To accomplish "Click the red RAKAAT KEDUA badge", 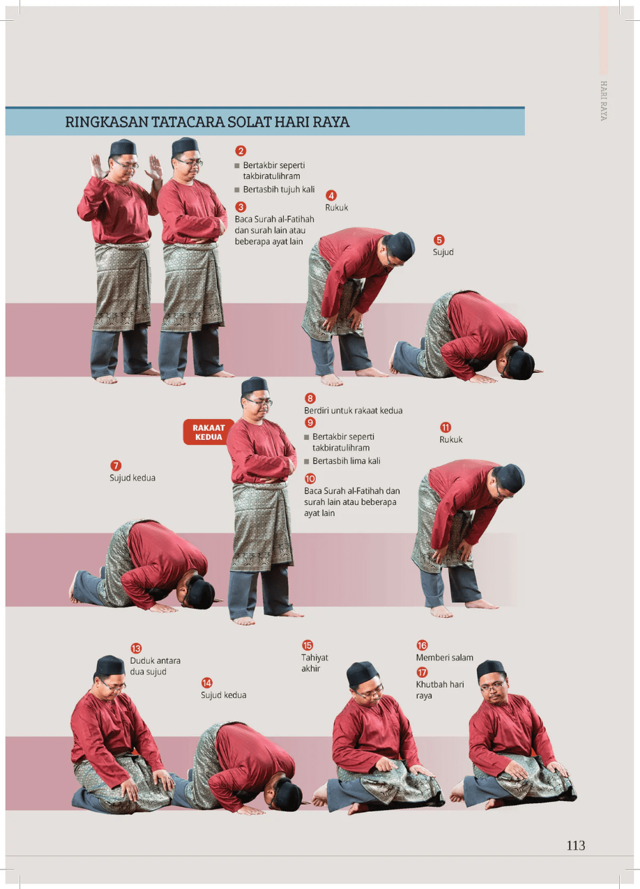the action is click(208, 432).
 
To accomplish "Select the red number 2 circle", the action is click(241, 151).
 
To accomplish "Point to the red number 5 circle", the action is click(439, 240).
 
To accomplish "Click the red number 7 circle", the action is click(116, 466).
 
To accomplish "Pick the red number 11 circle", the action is click(445, 427).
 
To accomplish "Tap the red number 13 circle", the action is click(136, 648).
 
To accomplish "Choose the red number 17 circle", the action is click(422, 672).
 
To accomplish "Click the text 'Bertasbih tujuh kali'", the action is click(279, 190).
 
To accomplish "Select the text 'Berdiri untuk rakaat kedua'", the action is click(353, 411).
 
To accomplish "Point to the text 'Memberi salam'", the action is click(444, 658).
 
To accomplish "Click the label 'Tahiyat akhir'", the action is click(314, 663).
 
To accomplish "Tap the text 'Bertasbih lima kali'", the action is click(346, 461).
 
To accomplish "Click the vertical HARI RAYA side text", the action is click(604, 101).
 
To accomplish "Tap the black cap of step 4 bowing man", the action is click(402, 245).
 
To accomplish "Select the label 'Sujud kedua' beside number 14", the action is click(223, 695).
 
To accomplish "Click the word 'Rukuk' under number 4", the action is click(337, 207).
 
